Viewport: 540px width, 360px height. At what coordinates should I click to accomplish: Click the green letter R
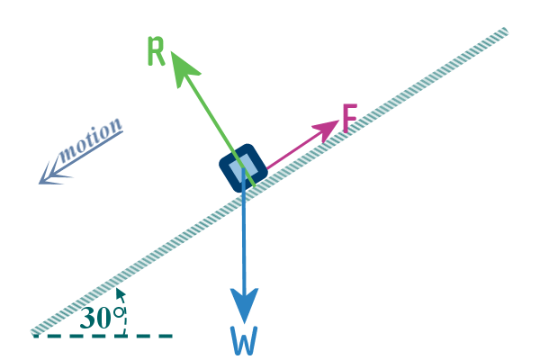pos(157,51)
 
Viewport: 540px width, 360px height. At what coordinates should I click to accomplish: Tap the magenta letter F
pos(350,118)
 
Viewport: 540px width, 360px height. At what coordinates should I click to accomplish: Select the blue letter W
pos(244,341)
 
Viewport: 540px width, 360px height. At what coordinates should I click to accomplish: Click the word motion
pos(90,140)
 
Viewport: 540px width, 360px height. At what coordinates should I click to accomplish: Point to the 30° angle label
pos(102,318)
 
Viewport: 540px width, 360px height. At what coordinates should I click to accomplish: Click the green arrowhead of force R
pos(183,68)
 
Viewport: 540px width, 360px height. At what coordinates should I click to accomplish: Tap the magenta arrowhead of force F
pos(326,130)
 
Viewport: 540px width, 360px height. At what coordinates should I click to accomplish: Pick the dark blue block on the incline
pos(243,167)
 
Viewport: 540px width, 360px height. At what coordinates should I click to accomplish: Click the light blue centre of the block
pos(243,168)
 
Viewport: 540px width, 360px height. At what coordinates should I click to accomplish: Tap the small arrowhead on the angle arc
pos(121,294)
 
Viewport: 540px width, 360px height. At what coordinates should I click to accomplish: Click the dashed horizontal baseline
pos(103,336)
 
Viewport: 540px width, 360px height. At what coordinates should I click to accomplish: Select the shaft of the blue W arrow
pos(244,229)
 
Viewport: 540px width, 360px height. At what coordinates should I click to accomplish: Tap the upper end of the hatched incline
pos(506,31)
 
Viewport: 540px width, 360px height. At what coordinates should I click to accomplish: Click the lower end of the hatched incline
pos(34,332)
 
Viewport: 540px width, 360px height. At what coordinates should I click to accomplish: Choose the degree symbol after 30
pos(119,312)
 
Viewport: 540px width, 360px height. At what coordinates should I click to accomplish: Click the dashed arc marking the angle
pos(125,313)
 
